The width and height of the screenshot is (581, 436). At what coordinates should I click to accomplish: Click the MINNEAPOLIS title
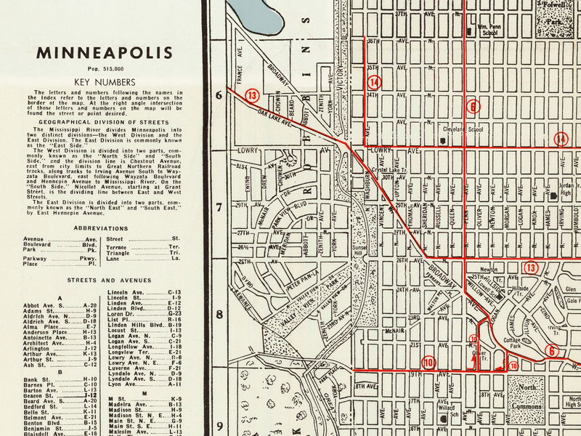click(x=105, y=53)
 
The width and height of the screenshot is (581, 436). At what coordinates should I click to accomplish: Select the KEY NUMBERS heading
click(x=105, y=82)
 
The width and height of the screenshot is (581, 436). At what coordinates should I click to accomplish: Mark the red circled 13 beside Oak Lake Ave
click(x=252, y=95)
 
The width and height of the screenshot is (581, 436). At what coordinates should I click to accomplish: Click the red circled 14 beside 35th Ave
click(x=374, y=81)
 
